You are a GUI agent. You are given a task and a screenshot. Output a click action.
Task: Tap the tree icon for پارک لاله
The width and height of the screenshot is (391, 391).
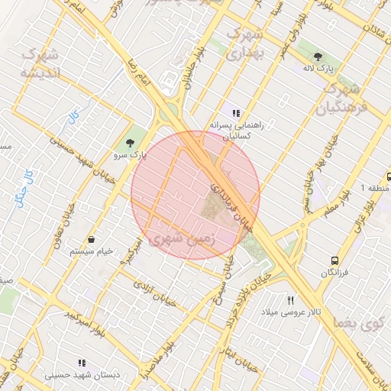coord(318,56)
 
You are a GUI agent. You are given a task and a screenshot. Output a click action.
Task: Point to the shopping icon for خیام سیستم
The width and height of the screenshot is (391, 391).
coord(91,239)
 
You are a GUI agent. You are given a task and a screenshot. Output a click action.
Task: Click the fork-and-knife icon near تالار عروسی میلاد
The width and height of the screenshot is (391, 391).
coord(289,300)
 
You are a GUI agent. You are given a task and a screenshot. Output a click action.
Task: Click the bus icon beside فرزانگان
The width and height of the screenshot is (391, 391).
coord(334,260)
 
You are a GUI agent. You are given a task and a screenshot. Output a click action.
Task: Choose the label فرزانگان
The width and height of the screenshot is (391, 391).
coord(334,273)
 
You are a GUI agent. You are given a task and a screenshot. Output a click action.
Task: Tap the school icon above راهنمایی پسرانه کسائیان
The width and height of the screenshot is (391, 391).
coord(235,112)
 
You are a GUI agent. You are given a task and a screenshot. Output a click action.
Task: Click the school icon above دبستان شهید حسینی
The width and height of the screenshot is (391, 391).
coord(82,363)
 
